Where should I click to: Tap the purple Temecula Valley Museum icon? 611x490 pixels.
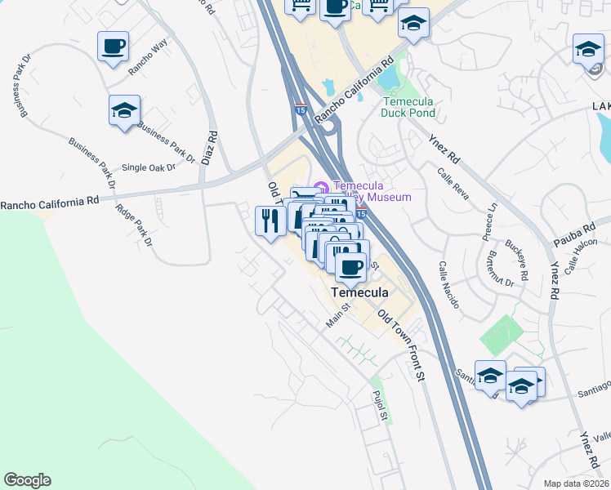321,187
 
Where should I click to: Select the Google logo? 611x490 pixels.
27,480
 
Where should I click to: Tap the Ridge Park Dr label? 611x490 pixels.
135,225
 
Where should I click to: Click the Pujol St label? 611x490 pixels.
379,406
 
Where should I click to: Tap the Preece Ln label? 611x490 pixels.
489,220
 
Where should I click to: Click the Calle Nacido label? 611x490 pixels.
450,285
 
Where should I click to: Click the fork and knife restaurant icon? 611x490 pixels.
270,220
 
